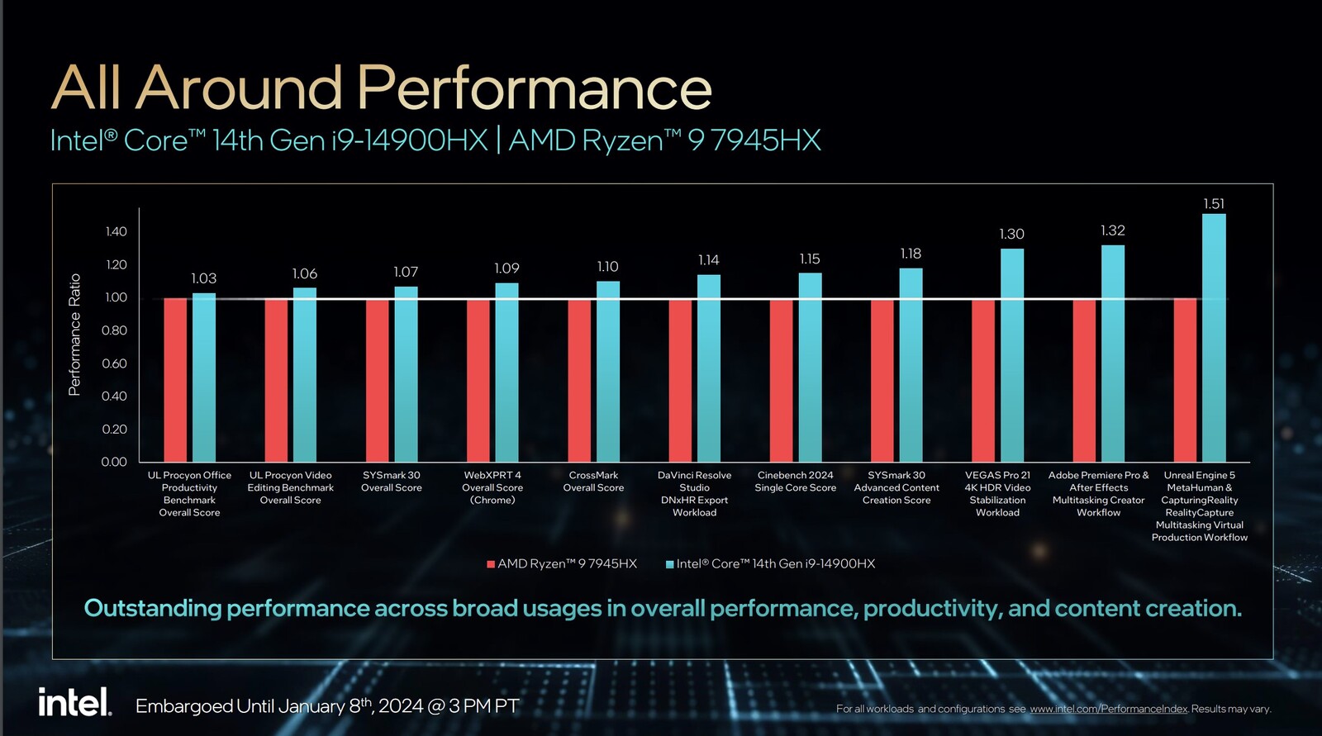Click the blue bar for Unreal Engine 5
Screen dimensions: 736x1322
(1214, 339)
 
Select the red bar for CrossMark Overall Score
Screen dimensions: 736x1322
(579, 380)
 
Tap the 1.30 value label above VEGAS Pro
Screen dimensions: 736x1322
(1011, 235)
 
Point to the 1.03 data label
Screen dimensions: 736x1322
(203, 278)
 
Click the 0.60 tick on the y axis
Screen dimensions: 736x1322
(114, 363)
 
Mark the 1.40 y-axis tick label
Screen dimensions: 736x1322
(116, 231)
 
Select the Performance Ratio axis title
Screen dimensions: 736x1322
(75, 335)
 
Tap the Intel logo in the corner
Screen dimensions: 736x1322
(74, 703)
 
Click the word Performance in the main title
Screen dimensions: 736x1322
(535, 88)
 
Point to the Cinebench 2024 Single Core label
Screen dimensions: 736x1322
(795, 482)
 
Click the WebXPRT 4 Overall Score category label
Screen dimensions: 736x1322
(492, 487)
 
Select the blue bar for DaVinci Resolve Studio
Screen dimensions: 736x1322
(708, 368)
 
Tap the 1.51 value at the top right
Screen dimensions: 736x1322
(1214, 204)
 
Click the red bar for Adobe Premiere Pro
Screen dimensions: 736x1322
(1084, 380)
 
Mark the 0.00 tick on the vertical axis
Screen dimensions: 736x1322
(114, 462)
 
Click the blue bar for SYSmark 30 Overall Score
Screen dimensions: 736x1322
(406, 374)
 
